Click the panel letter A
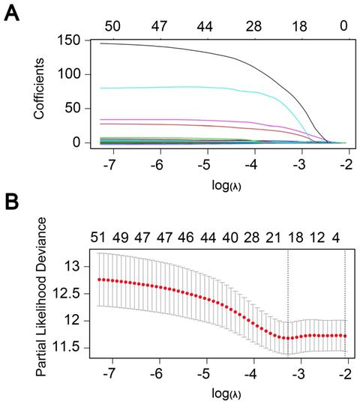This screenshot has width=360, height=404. (x=11, y=13)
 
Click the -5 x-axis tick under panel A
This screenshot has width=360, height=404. (x=205, y=163)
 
